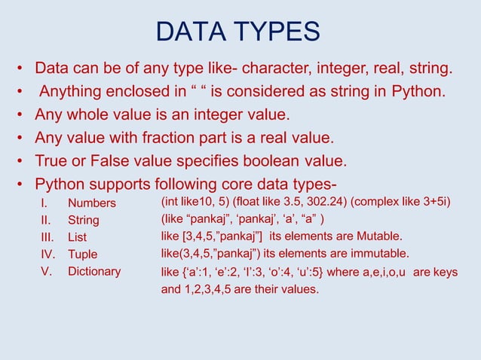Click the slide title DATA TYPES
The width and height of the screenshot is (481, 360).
click(237, 32)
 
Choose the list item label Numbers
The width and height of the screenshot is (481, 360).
click(92, 203)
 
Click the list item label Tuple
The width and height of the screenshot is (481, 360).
click(83, 255)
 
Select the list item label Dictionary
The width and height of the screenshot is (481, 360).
click(94, 271)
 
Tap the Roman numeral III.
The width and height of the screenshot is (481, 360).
click(47, 237)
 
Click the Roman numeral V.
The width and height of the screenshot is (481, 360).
click(45, 271)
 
